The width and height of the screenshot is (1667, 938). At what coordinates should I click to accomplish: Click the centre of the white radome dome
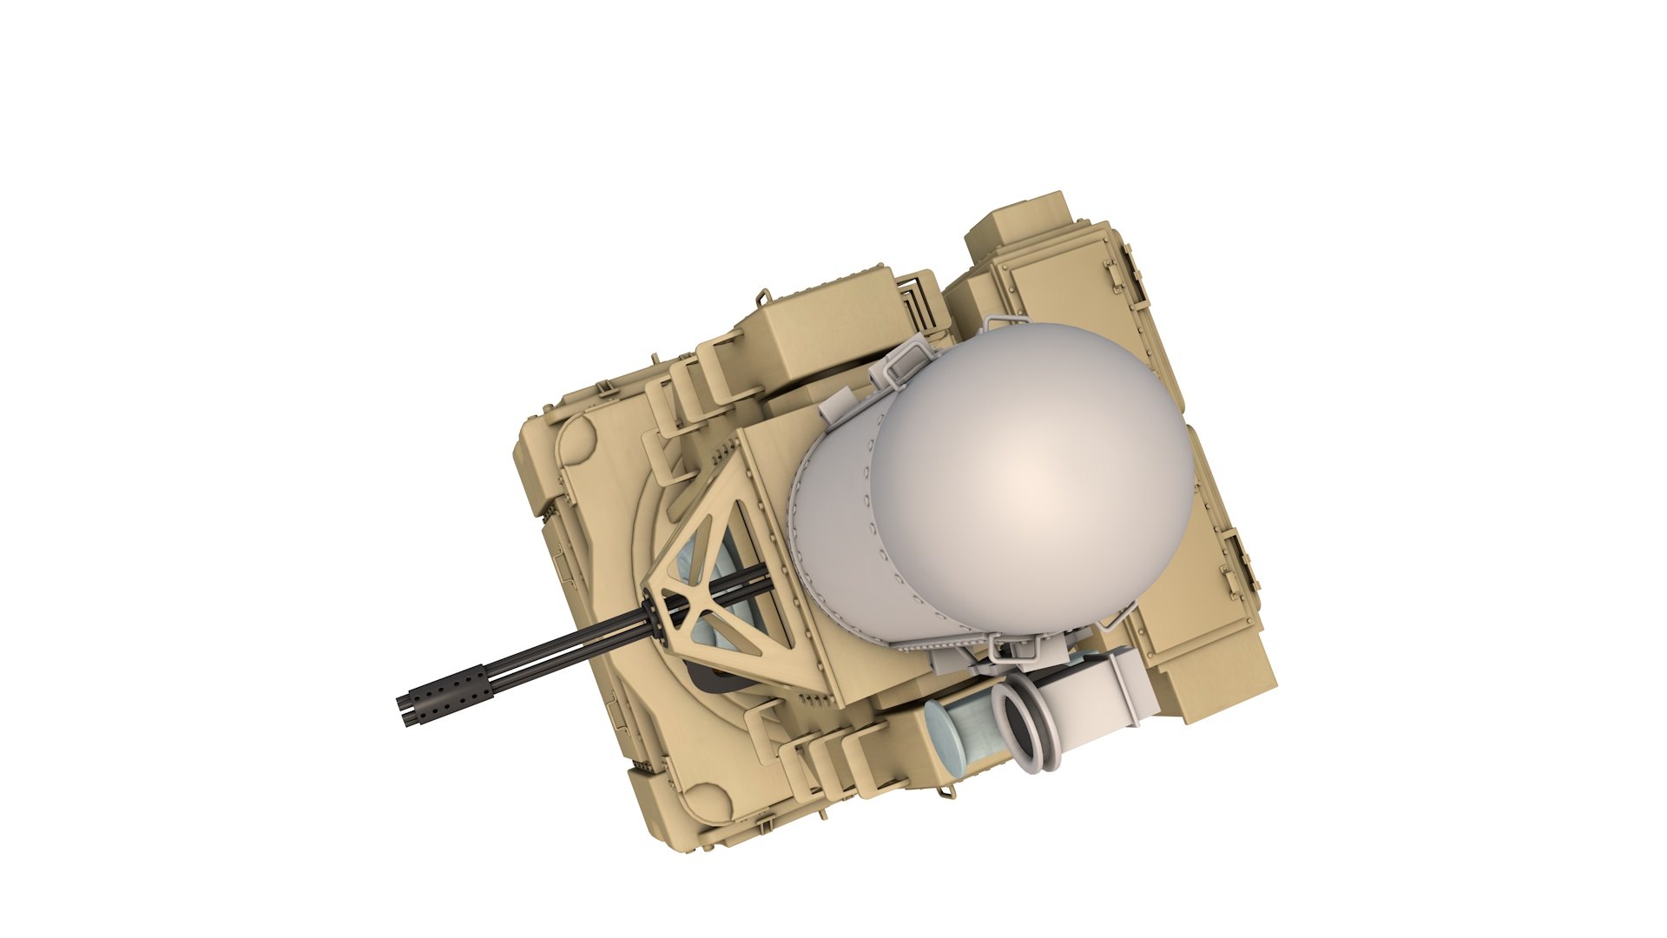click(x=1033, y=486)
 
